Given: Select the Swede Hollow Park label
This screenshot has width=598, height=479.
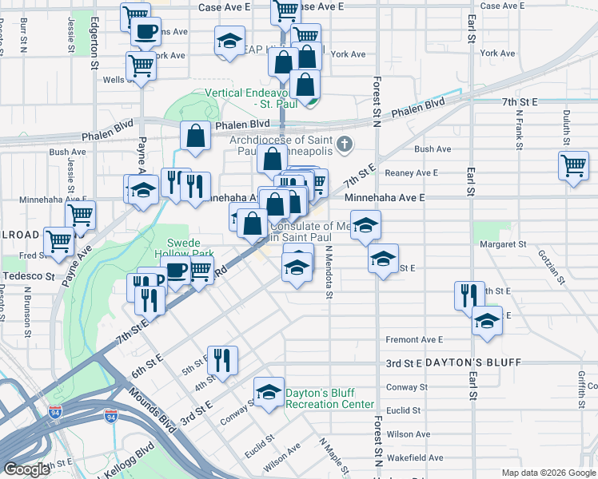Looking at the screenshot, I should click(x=191, y=247).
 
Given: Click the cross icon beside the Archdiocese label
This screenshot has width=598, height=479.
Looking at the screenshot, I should click(x=345, y=144).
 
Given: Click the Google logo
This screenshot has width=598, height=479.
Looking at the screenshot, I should click(x=26, y=469).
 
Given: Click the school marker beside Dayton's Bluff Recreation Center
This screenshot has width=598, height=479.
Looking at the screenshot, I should click(x=269, y=391).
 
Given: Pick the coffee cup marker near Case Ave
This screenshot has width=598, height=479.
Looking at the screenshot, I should click(x=146, y=33).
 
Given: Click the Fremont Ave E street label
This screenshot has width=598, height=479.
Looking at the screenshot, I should click(x=414, y=340).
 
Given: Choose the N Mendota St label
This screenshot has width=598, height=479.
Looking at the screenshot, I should click(x=328, y=271).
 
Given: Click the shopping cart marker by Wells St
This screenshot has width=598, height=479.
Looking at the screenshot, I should click(x=141, y=66).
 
